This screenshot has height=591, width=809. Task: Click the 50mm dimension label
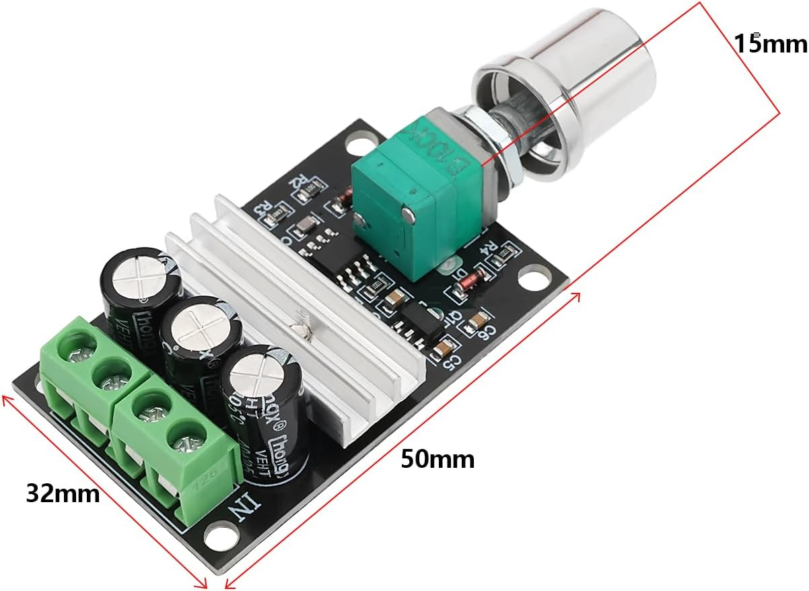pyautogui.click(x=437, y=460)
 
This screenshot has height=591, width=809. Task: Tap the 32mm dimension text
pyautogui.click(x=63, y=493)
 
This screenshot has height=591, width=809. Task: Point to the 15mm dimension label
pyautogui.click(x=769, y=44)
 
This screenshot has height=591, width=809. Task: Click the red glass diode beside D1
pyautogui.click(x=468, y=283)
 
